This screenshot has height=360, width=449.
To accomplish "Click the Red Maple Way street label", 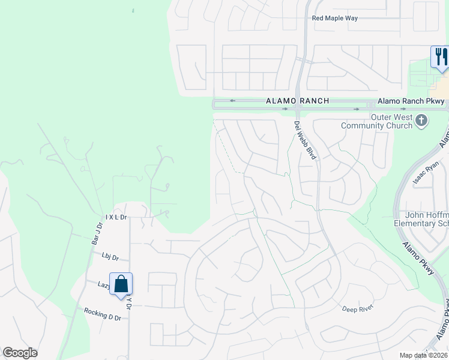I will pos(334,18).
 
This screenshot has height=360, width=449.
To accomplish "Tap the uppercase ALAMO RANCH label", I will pos(298,101).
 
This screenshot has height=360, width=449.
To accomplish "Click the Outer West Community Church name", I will pos(376,121).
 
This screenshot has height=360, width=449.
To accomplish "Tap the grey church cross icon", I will pos(421,121).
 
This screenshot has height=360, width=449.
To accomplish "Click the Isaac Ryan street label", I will pos(426,175).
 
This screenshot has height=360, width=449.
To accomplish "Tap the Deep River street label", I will pos(358,308).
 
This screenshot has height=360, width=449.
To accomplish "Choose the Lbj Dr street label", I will pos(110,257).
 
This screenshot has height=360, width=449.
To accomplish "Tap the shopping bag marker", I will pos(121,284).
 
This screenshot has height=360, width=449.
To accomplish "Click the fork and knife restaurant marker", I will pos(441,57).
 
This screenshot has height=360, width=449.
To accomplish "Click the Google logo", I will pos(20,353).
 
